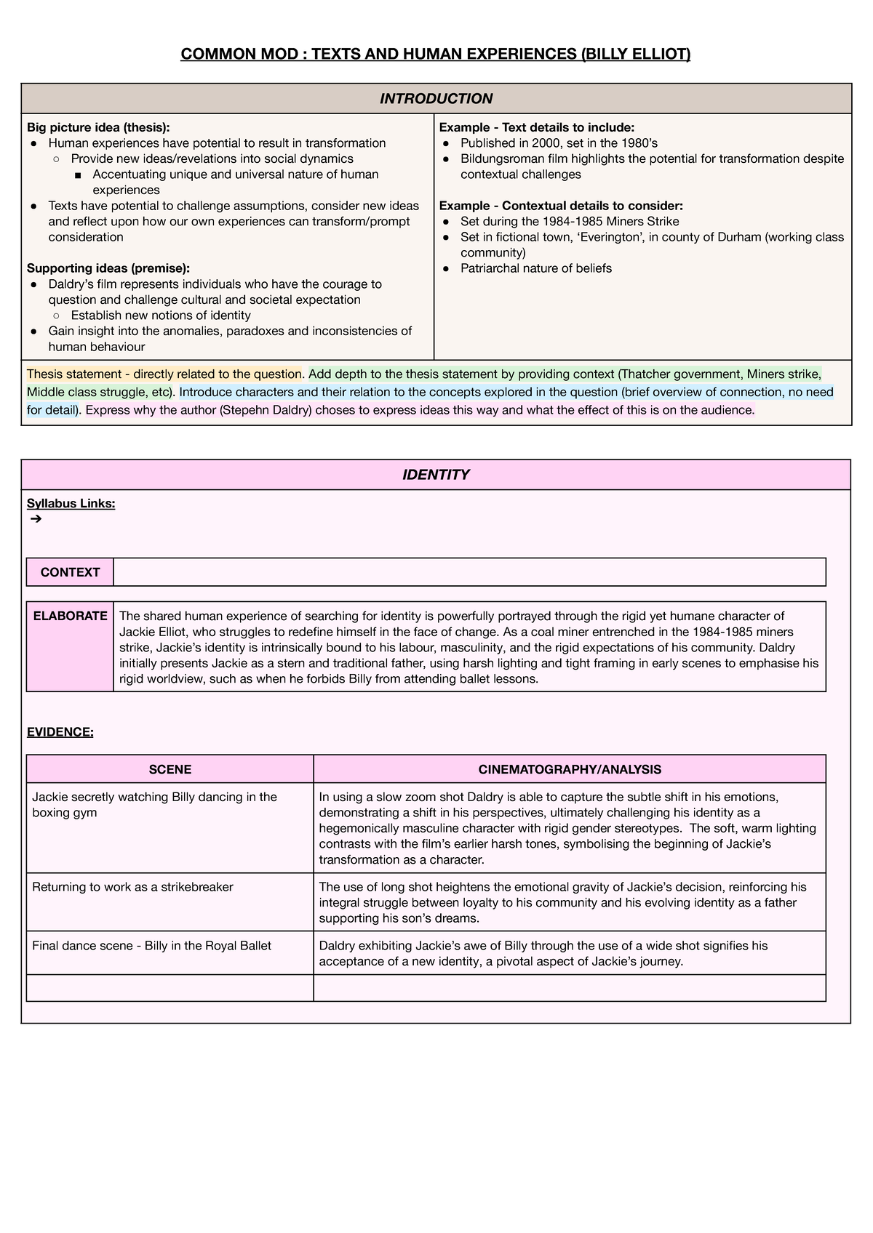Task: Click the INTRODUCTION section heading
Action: point(436,98)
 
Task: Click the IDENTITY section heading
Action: point(436,475)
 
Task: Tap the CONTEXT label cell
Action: point(70,572)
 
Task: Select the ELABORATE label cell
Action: point(70,616)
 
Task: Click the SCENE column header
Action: point(170,769)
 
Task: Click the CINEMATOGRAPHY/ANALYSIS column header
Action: point(569,769)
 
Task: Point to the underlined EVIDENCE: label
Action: point(60,732)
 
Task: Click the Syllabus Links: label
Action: point(71,503)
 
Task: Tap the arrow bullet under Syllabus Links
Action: point(36,519)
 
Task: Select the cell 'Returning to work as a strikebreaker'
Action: point(132,887)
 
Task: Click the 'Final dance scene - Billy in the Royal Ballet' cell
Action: point(151,946)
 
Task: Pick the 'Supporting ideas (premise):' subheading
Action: point(108,268)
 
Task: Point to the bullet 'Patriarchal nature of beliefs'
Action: point(535,268)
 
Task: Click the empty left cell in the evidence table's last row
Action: point(170,988)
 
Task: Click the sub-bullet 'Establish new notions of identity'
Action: point(160,316)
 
